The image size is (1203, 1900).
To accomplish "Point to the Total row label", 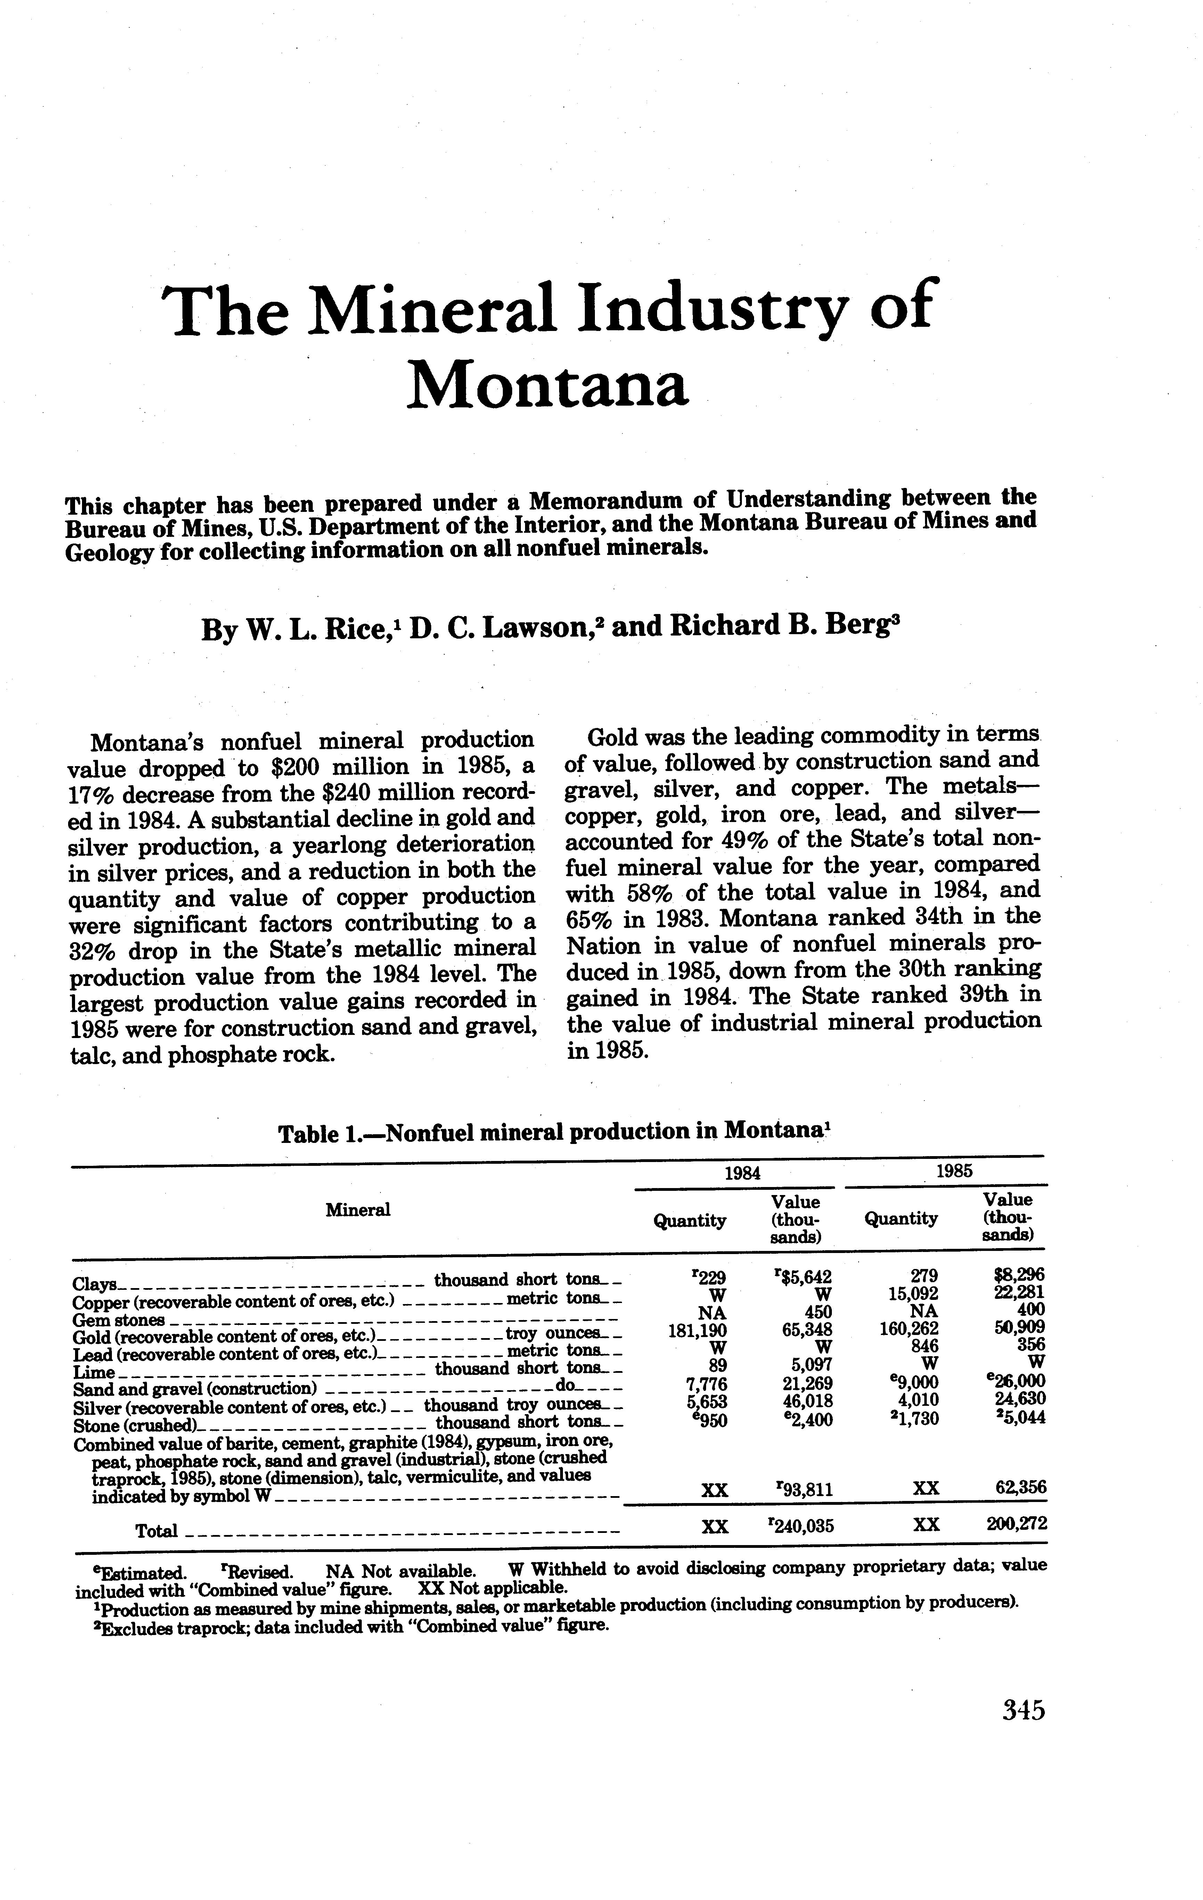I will click(x=156, y=1532).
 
